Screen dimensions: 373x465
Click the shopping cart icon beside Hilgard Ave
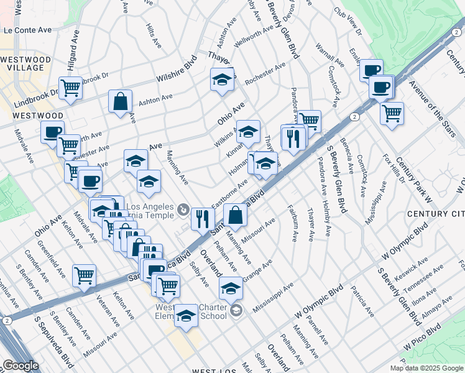coord(70,88)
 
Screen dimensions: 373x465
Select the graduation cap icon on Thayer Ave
coord(221,80)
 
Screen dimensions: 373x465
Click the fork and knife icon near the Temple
coord(203,218)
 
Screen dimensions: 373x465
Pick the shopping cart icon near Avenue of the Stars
coord(392,114)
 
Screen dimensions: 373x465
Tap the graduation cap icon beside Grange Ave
coord(231,288)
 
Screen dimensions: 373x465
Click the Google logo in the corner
coord(21,366)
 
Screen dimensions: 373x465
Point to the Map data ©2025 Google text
coord(426,368)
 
